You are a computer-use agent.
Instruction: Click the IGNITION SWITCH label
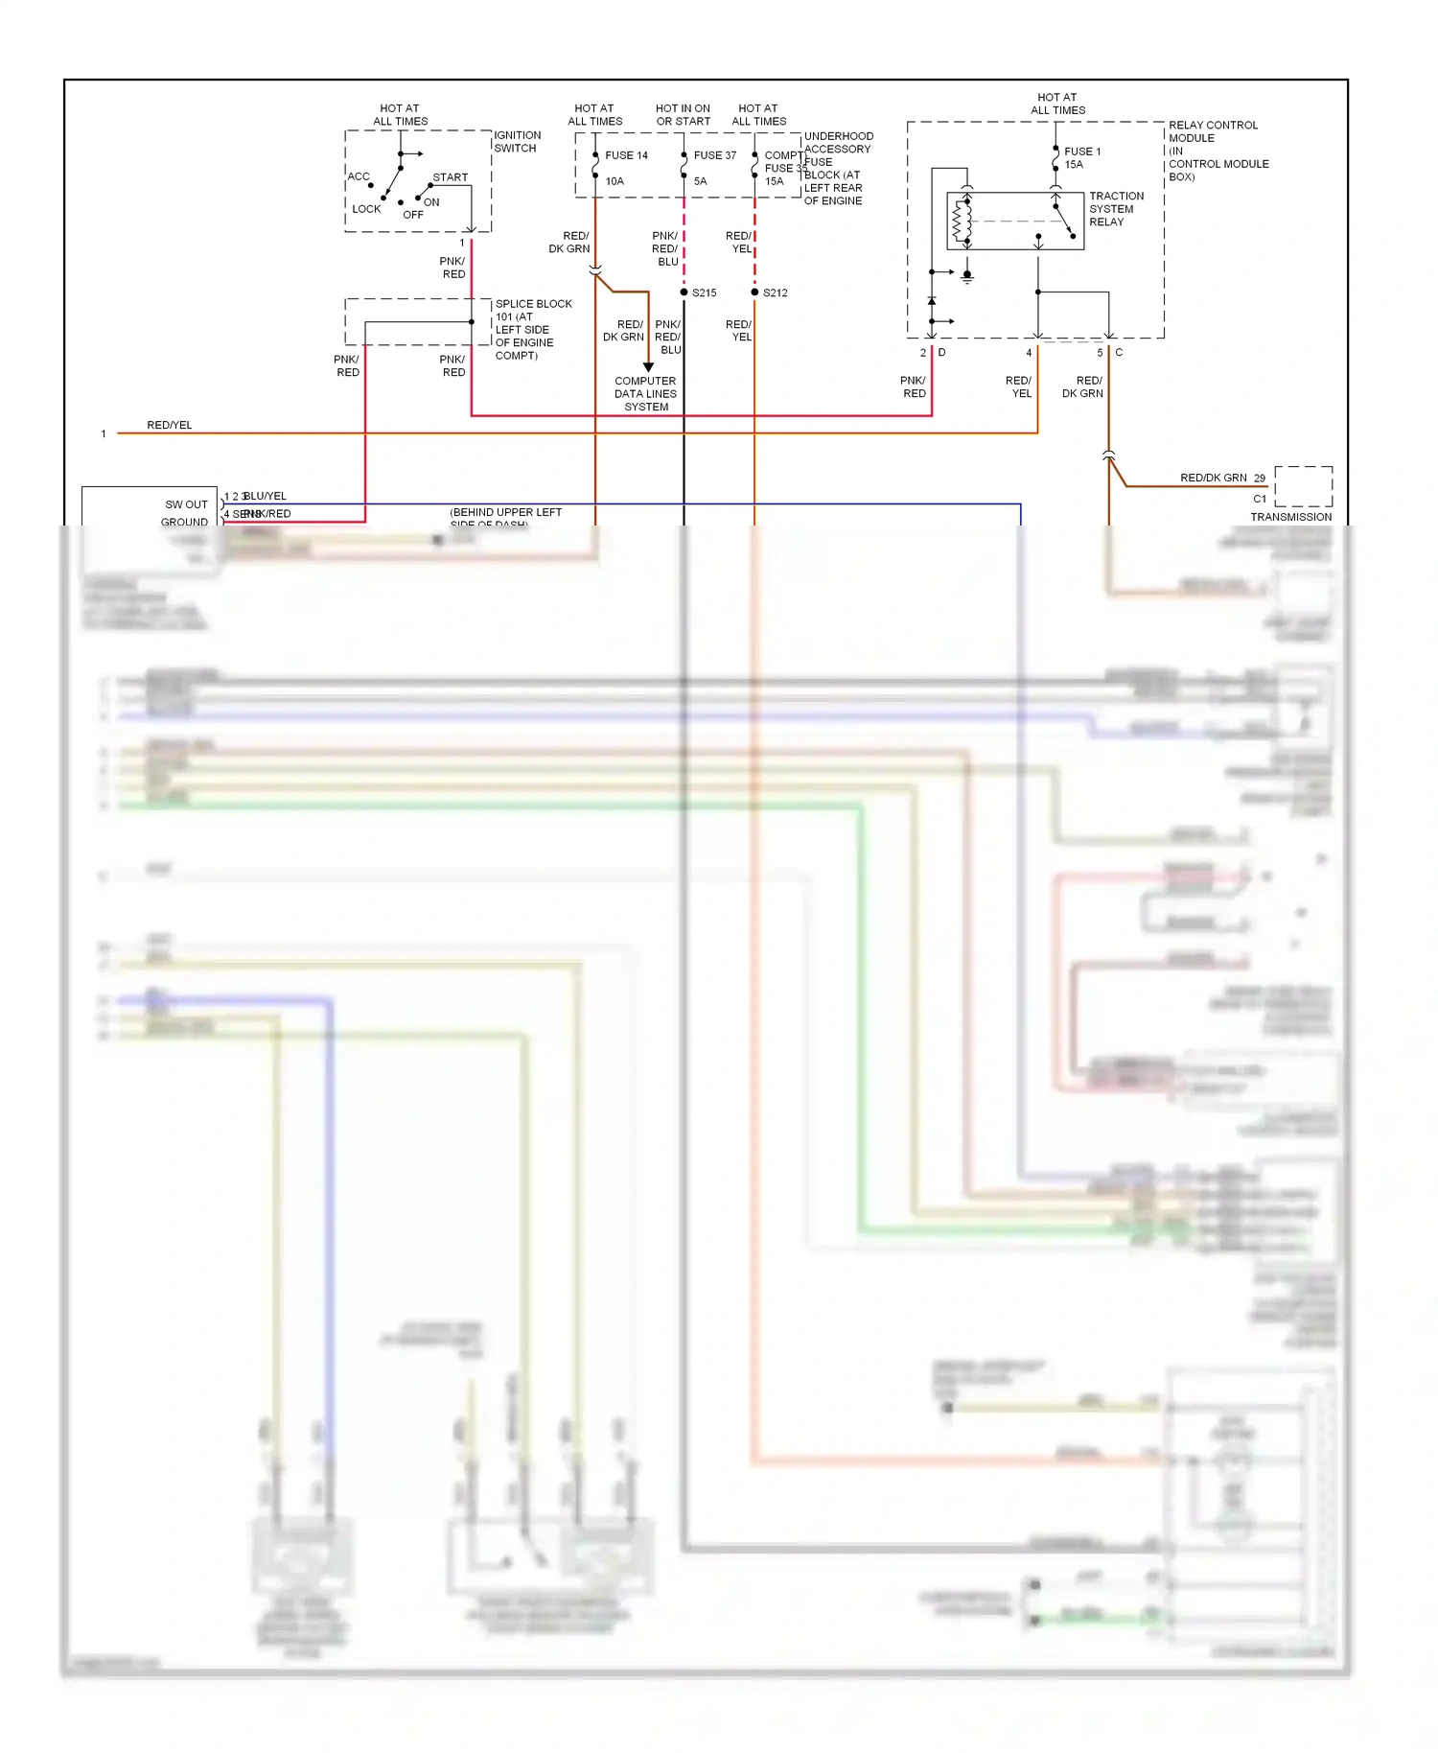coord(517,142)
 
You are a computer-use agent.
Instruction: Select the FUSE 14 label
coord(625,155)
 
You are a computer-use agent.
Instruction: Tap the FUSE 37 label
coord(714,155)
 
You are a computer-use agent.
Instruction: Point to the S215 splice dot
coord(684,292)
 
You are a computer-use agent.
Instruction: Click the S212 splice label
coord(775,293)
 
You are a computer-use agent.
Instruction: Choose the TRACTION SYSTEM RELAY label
coord(1115,209)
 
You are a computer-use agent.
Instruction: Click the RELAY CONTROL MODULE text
coord(1213,131)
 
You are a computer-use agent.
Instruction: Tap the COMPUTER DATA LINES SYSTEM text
coord(645,394)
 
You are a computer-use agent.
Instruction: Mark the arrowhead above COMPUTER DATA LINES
coord(648,367)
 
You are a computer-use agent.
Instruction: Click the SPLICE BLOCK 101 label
coord(532,329)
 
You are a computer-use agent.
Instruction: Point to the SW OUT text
coord(186,504)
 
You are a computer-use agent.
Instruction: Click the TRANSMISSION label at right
coord(1290,517)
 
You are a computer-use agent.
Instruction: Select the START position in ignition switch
coord(450,177)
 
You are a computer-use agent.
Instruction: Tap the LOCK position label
coord(366,209)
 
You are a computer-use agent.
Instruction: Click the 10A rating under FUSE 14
coord(615,181)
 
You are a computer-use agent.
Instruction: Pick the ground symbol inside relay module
coord(967,277)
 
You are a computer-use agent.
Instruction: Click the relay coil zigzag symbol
coord(958,222)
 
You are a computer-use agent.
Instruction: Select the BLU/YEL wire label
coord(266,496)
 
